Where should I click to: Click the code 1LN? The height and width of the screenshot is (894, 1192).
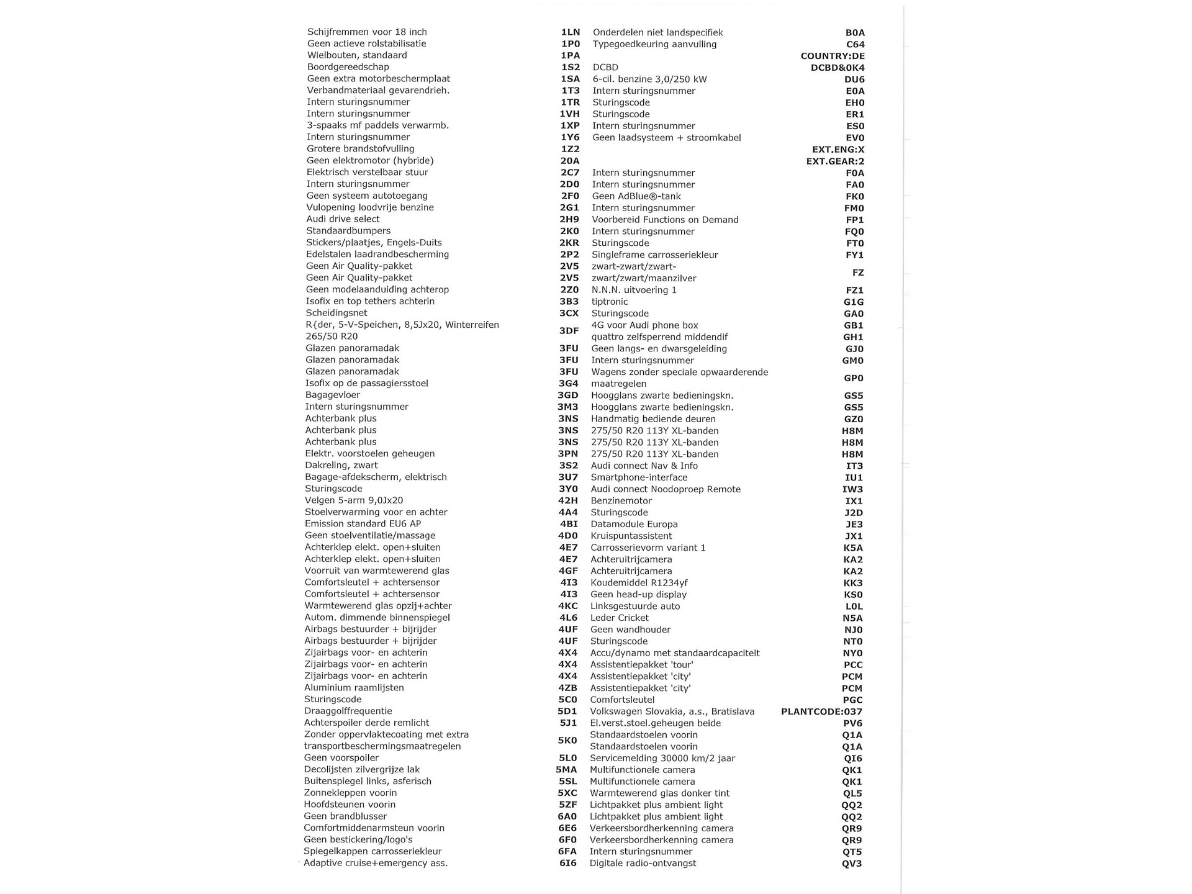pyautogui.click(x=570, y=32)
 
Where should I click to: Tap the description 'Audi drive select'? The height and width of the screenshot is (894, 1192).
pyautogui.click(x=343, y=219)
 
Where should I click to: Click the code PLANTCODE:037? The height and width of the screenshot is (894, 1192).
pyautogui.click(x=821, y=711)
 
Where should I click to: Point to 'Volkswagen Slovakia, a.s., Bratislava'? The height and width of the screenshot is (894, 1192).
pyautogui.click(x=672, y=711)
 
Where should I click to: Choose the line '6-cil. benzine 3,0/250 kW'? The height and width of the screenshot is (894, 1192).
pyautogui.click(x=649, y=79)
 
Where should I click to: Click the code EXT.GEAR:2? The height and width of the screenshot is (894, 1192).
pyautogui.click(x=835, y=161)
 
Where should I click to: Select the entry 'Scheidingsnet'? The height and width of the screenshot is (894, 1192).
pyautogui.click(x=336, y=313)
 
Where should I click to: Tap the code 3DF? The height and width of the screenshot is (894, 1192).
pyautogui.click(x=569, y=331)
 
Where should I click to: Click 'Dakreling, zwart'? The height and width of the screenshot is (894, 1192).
pyautogui.click(x=341, y=465)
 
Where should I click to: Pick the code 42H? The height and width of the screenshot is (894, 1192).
pyautogui.click(x=568, y=500)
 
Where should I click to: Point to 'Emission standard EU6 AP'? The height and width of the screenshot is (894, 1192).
pyautogui.click(x=363, y=523)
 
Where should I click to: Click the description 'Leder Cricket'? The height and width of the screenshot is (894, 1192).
pyautogui.click(x=619, y=618)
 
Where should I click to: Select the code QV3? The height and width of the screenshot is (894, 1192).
pyautogui.click(x=852, y=864)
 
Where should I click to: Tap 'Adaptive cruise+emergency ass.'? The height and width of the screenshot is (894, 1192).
pyautogui.click(x=376, y=863)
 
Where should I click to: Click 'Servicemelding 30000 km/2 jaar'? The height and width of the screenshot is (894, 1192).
pyautogui.click(x=662, y=758)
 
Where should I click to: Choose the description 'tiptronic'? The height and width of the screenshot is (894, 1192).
pyautogui.click(x=609, y=302)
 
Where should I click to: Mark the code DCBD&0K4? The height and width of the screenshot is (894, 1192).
pyautogui.click(x=837, y=68)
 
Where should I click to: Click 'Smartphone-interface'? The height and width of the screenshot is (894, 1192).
pyautogui.click(x=639, y=477)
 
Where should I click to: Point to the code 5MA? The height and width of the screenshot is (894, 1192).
pyautogui.click(x=566, y=770)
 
